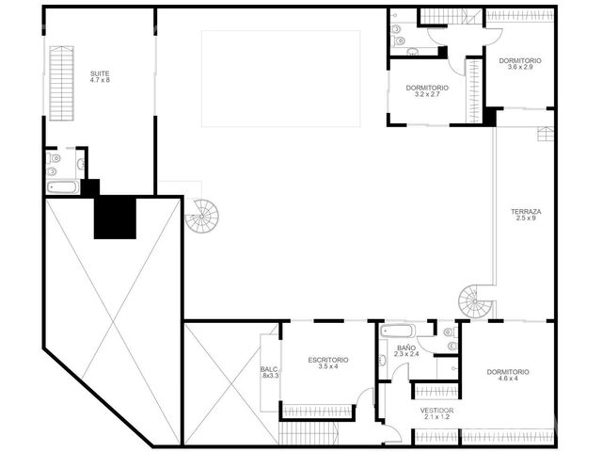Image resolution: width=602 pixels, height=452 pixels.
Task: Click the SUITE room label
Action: [x=100, y=73]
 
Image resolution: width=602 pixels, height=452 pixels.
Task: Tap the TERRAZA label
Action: [x=526, y=211]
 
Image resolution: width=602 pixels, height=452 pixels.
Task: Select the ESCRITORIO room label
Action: [x=328, y=360]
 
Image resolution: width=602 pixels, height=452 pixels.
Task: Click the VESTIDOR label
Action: [x=436, y=411]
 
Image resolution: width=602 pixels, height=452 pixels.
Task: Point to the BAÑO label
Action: [x=406, y=347]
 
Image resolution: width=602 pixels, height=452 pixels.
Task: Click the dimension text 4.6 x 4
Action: [x=508, y=379]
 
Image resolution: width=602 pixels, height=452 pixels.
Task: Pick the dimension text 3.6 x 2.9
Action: [x=520, y=67]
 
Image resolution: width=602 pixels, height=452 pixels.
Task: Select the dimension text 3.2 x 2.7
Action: [x=427, y=94]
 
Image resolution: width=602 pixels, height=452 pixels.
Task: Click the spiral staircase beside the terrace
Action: [x=475, y=301]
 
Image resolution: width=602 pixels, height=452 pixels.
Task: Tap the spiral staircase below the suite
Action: [x=202, y=216]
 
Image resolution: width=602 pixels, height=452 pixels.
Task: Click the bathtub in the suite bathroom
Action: [x=63, y=187]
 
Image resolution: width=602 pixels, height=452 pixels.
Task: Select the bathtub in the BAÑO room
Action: [x=397, y=331]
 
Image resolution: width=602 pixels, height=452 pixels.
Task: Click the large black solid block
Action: [x=115, y=218]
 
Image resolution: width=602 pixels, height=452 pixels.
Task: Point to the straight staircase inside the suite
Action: [x=61, y=83]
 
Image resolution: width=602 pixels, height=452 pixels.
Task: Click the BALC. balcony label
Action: [x=270, y=369]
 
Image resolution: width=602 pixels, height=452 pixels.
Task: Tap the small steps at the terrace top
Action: [x=546, y=134]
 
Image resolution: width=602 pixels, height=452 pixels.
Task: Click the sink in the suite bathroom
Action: [x=81, y=164]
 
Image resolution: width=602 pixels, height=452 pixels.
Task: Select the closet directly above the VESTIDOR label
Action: [x=437, y=392]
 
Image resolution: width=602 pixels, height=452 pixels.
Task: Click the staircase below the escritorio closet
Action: [x=309, y=433]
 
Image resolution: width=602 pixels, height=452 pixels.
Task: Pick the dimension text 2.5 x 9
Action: [x=526, y=218]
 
